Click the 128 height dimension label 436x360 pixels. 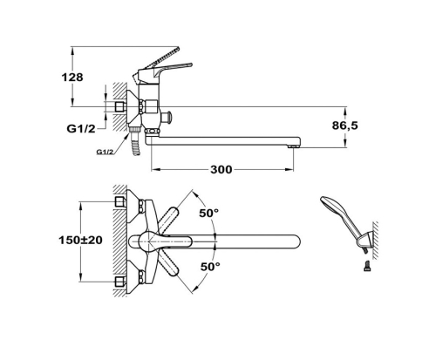72,78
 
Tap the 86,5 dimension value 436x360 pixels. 345,126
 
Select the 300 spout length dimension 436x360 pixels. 221,169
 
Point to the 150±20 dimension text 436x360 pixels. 80,240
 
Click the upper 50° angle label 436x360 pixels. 209,213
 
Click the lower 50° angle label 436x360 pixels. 210,266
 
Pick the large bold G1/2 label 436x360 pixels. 81,128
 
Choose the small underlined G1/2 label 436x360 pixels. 105,152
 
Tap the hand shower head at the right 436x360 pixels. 332,206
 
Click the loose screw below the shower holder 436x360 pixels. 367,266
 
